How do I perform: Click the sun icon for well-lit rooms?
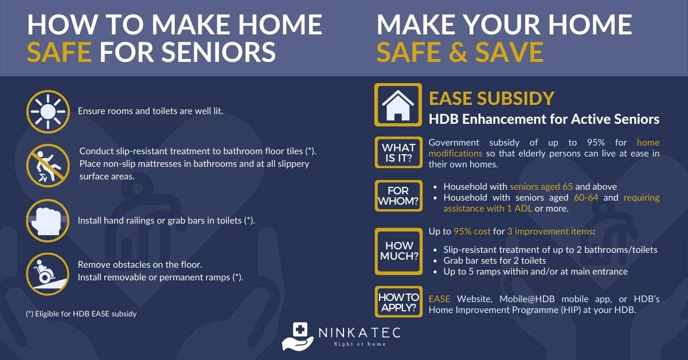click(x=48, y=112)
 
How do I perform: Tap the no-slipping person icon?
click(x=48, y=166)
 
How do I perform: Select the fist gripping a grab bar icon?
click(x=48, y=221)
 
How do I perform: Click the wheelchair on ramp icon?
click(x=48, y=275)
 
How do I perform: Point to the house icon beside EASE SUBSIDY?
click(x=398, y=105)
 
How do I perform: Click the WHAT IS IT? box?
click(x=398, y=152)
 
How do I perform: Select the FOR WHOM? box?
click(x=398, y=196)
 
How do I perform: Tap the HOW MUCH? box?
click(x=398, y=251)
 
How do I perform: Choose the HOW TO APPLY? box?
click(x=398, y=302)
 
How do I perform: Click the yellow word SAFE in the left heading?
click(x=59, y=52)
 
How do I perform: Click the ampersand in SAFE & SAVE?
click(x=458, y=52)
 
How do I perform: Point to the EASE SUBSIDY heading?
click(x=491, y=99)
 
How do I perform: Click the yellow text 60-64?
click(x=586, y=198)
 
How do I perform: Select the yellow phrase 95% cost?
click(x=472, y=231)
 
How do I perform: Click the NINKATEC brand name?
click(x=359, y=332)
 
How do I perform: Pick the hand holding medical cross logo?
click(x=298, y=336)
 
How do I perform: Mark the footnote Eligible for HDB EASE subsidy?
click(x=81, y=314)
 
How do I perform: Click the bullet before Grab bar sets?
click(x=435, y=261)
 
